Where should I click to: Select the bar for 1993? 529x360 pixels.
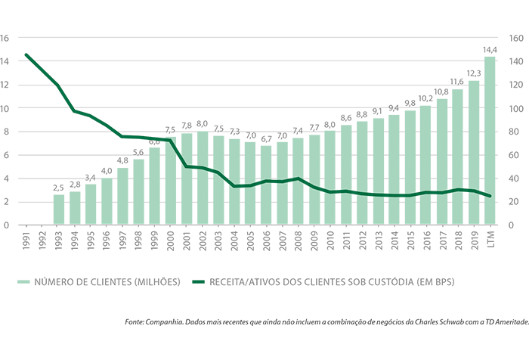point(59,209)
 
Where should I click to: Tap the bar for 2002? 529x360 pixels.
point(203,178)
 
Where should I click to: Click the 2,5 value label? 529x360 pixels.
point(59,188)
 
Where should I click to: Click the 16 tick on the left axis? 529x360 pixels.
point(6,37)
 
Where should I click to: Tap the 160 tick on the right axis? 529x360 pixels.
point(519,37)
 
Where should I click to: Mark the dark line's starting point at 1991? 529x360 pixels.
point(27,54)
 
